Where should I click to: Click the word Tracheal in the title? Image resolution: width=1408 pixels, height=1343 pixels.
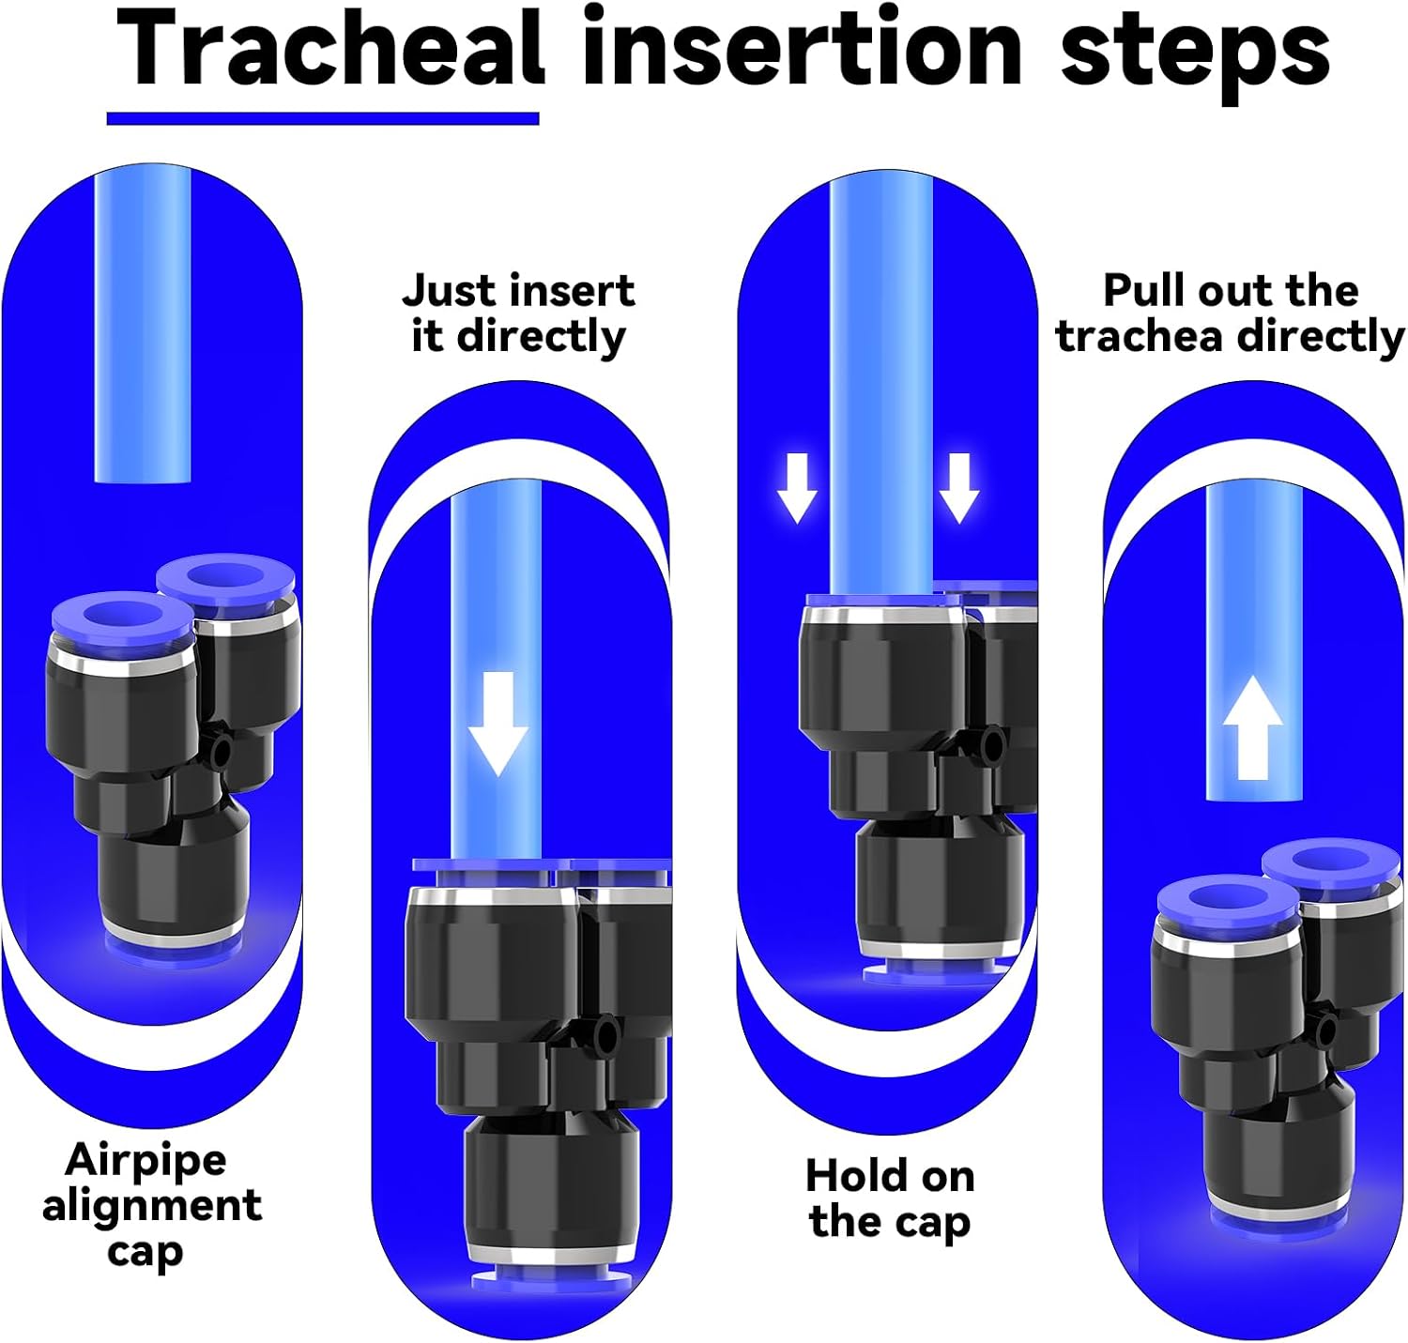point(330,50)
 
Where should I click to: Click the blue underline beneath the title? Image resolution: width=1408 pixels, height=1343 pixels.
point(323,118)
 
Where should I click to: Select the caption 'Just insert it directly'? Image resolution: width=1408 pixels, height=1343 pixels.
point(518,313)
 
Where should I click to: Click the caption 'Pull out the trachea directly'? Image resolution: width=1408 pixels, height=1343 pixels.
point(1230,313)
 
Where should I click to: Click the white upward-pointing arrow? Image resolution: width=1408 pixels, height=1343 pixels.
point(1252,728)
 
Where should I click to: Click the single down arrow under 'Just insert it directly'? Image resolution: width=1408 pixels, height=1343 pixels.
point(498,724)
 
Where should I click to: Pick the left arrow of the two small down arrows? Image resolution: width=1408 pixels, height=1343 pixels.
point(797,487)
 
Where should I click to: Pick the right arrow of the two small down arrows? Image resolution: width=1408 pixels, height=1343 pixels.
point(959,487)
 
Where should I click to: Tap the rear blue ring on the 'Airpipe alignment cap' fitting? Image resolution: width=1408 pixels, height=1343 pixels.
point(225,580)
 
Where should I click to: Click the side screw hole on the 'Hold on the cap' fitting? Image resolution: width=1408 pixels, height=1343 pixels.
point(991,745)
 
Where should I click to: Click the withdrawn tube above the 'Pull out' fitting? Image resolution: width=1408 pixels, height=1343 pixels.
point(1254,641)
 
